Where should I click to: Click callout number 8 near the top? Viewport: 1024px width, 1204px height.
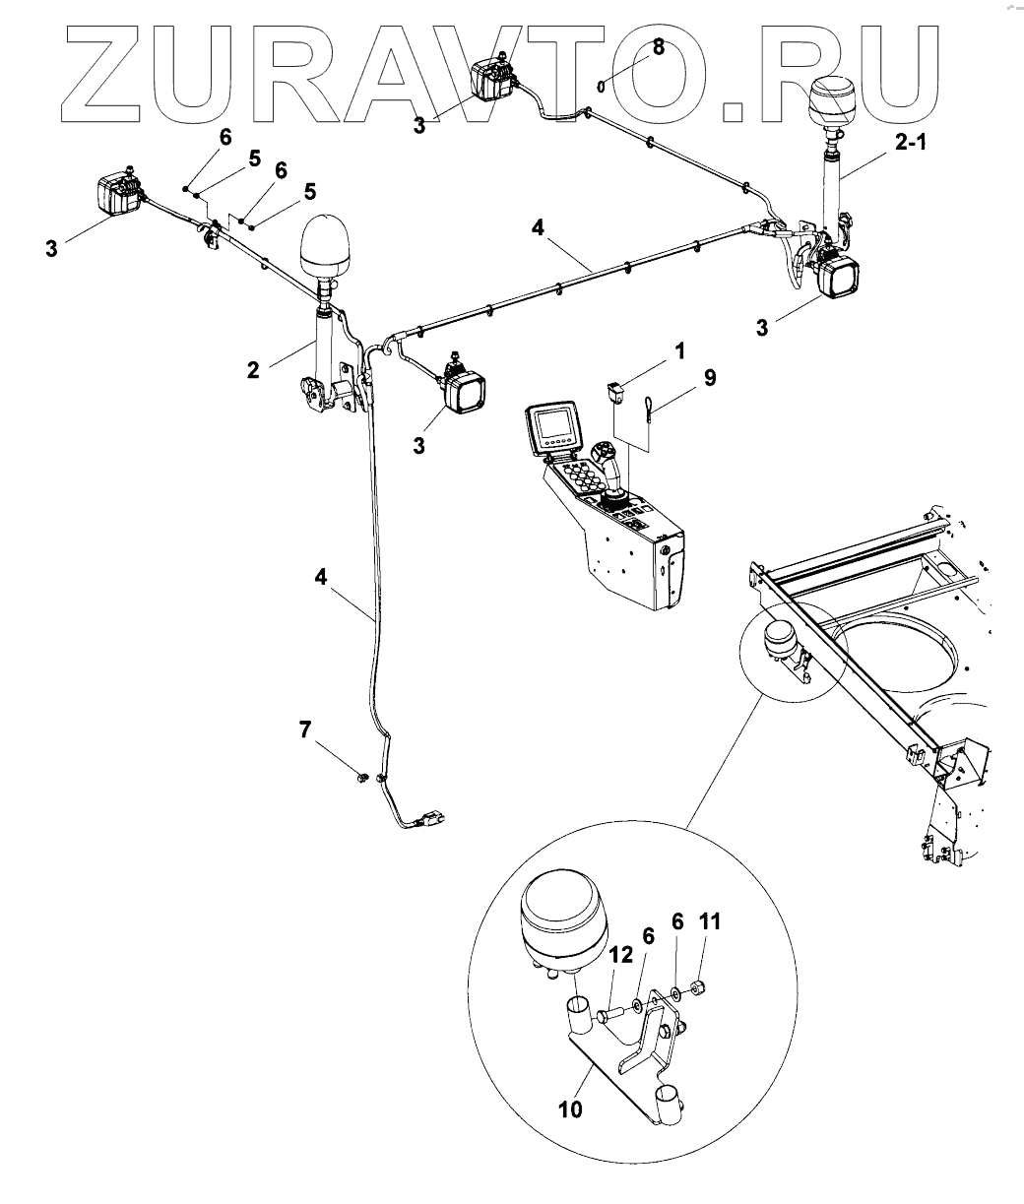click(x=660, y=46)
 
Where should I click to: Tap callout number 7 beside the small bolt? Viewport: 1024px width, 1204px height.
click(x=306, y=729)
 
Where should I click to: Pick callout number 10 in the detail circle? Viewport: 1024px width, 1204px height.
click(x=570, y=1109)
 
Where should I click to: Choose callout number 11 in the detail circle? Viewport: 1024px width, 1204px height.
click(x=710, y=921)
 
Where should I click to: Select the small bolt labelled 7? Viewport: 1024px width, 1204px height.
click(x=361, y=779)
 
